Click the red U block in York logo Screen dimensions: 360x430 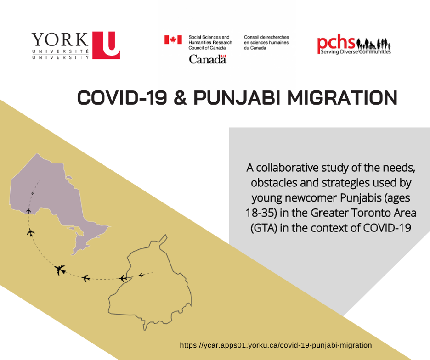pyautogui.click(x=106, y=45)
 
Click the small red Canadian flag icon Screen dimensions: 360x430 pyautogui.click(x=173, y=40)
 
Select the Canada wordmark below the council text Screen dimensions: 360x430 pyautogui.click(x=208, y=59)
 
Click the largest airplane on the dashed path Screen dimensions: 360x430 pyautogui.click(x=60, y=270)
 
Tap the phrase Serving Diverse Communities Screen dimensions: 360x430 pyautogui.click(x=354, y=52)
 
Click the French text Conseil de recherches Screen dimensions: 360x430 pyautogui.click(x=266, y=37)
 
